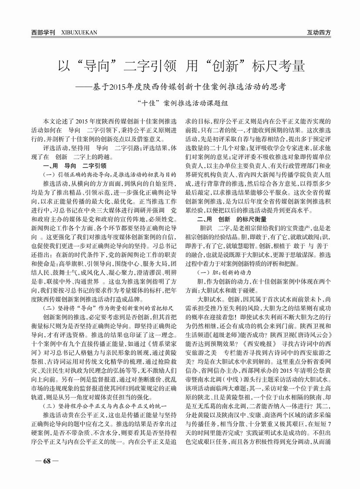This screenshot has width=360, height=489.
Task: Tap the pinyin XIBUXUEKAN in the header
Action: point(80,32)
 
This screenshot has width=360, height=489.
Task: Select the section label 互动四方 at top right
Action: point(319,32)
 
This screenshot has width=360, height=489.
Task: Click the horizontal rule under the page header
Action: point(180,37)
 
